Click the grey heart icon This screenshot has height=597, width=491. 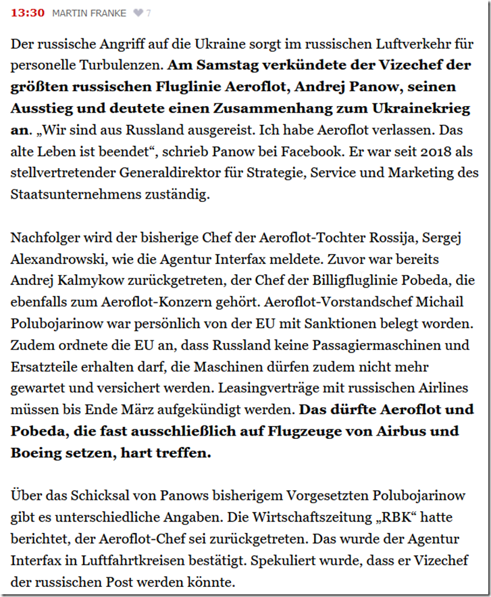coord(138,14)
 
